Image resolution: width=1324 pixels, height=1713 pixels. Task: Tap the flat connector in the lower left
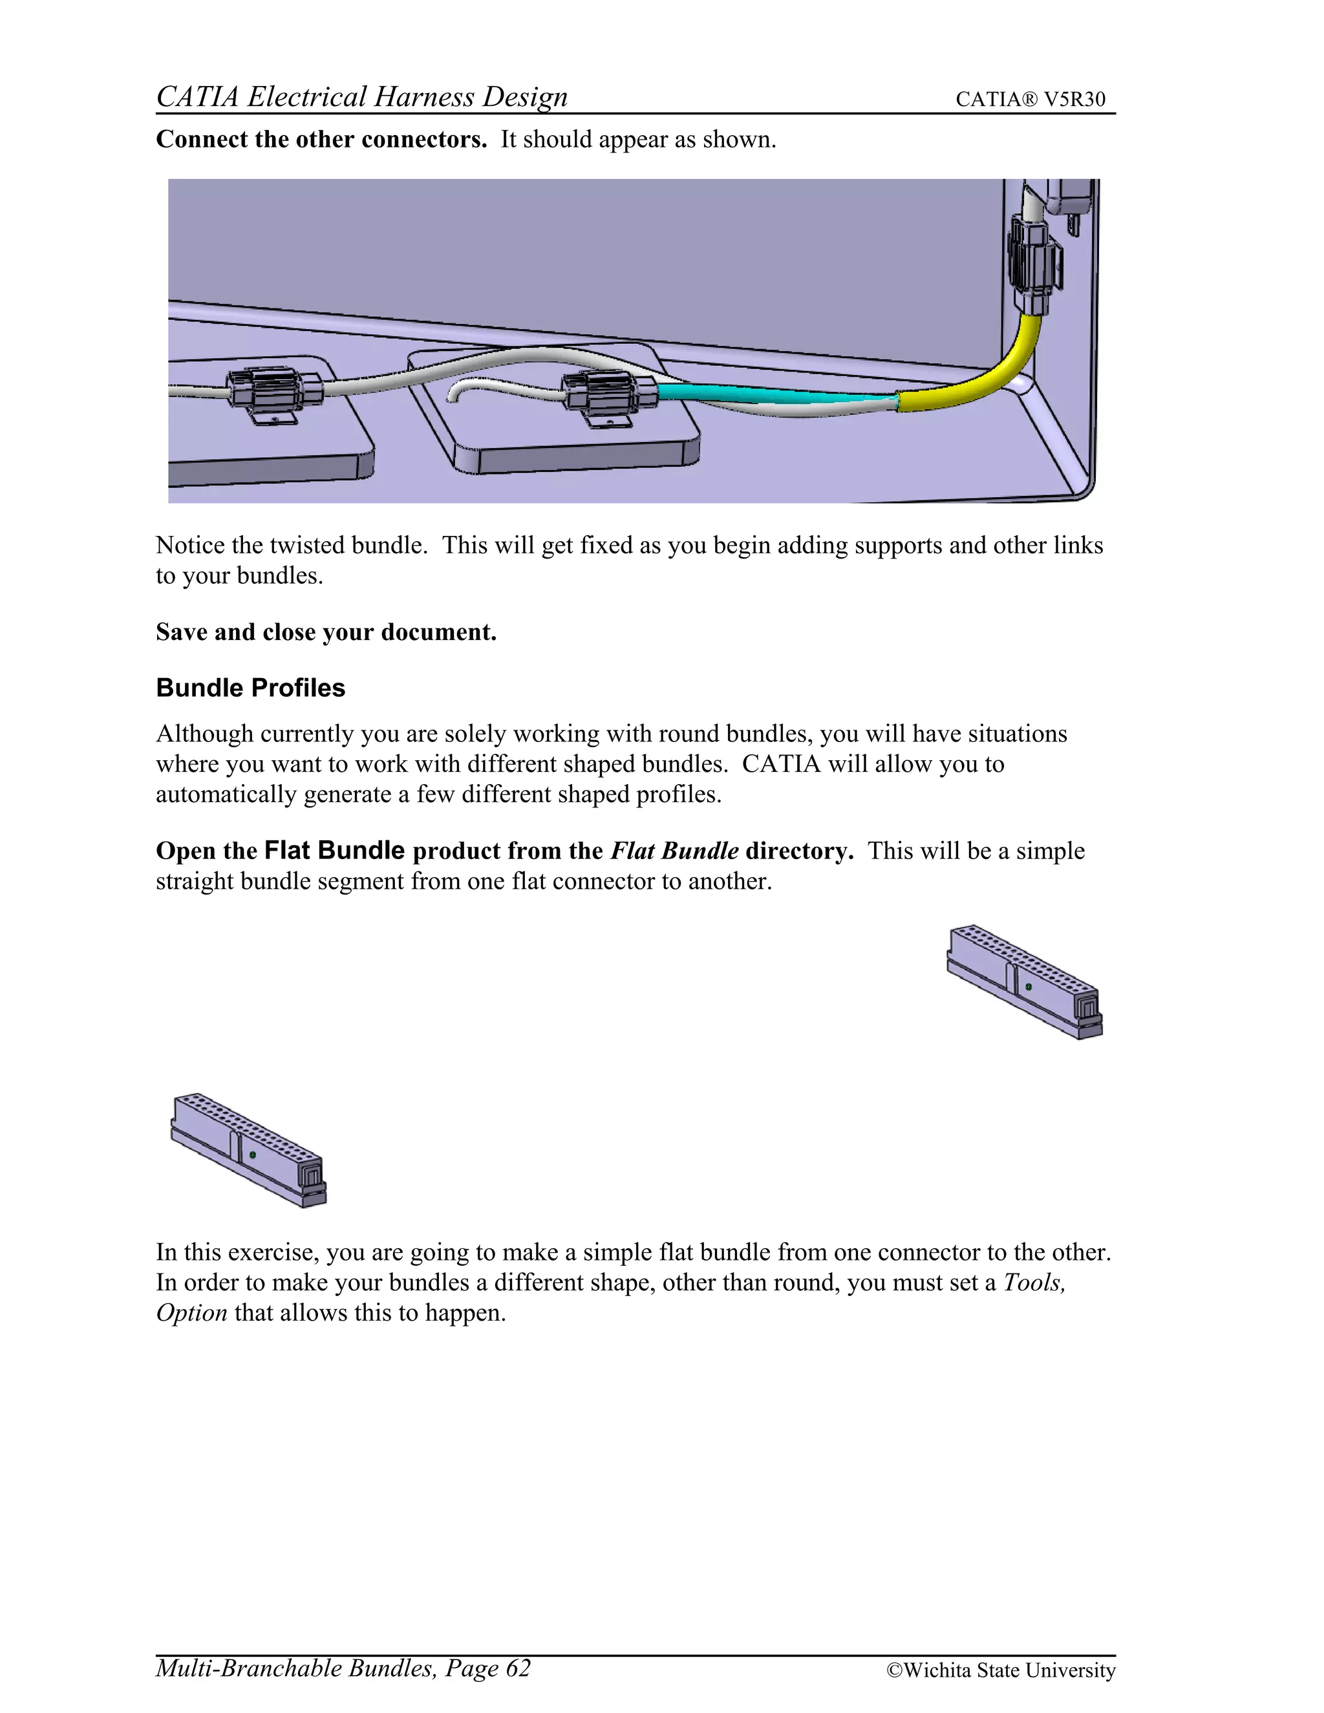(x=248, y=1149)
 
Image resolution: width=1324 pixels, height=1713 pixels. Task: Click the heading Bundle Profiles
(x=250, y=688)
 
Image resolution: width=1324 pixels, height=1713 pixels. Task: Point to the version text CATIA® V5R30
(x=1030, y=100)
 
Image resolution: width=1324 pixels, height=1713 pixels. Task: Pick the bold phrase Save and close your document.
(x=326, y=632)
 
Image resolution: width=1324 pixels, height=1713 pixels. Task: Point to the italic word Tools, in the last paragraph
(x=1034, y=1282)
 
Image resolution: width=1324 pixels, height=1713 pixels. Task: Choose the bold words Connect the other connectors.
(x=321, y=140)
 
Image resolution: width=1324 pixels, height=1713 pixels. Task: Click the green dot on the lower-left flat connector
(x=253, y=1154)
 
